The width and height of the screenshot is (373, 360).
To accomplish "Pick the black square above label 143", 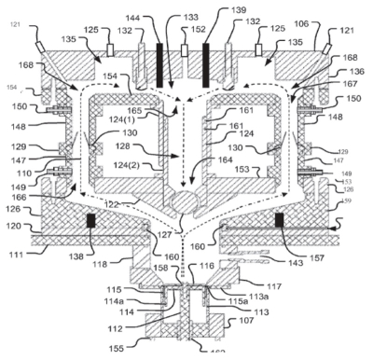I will tap(278, 221).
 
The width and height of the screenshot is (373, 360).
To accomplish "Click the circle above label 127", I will tap(184, 202).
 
